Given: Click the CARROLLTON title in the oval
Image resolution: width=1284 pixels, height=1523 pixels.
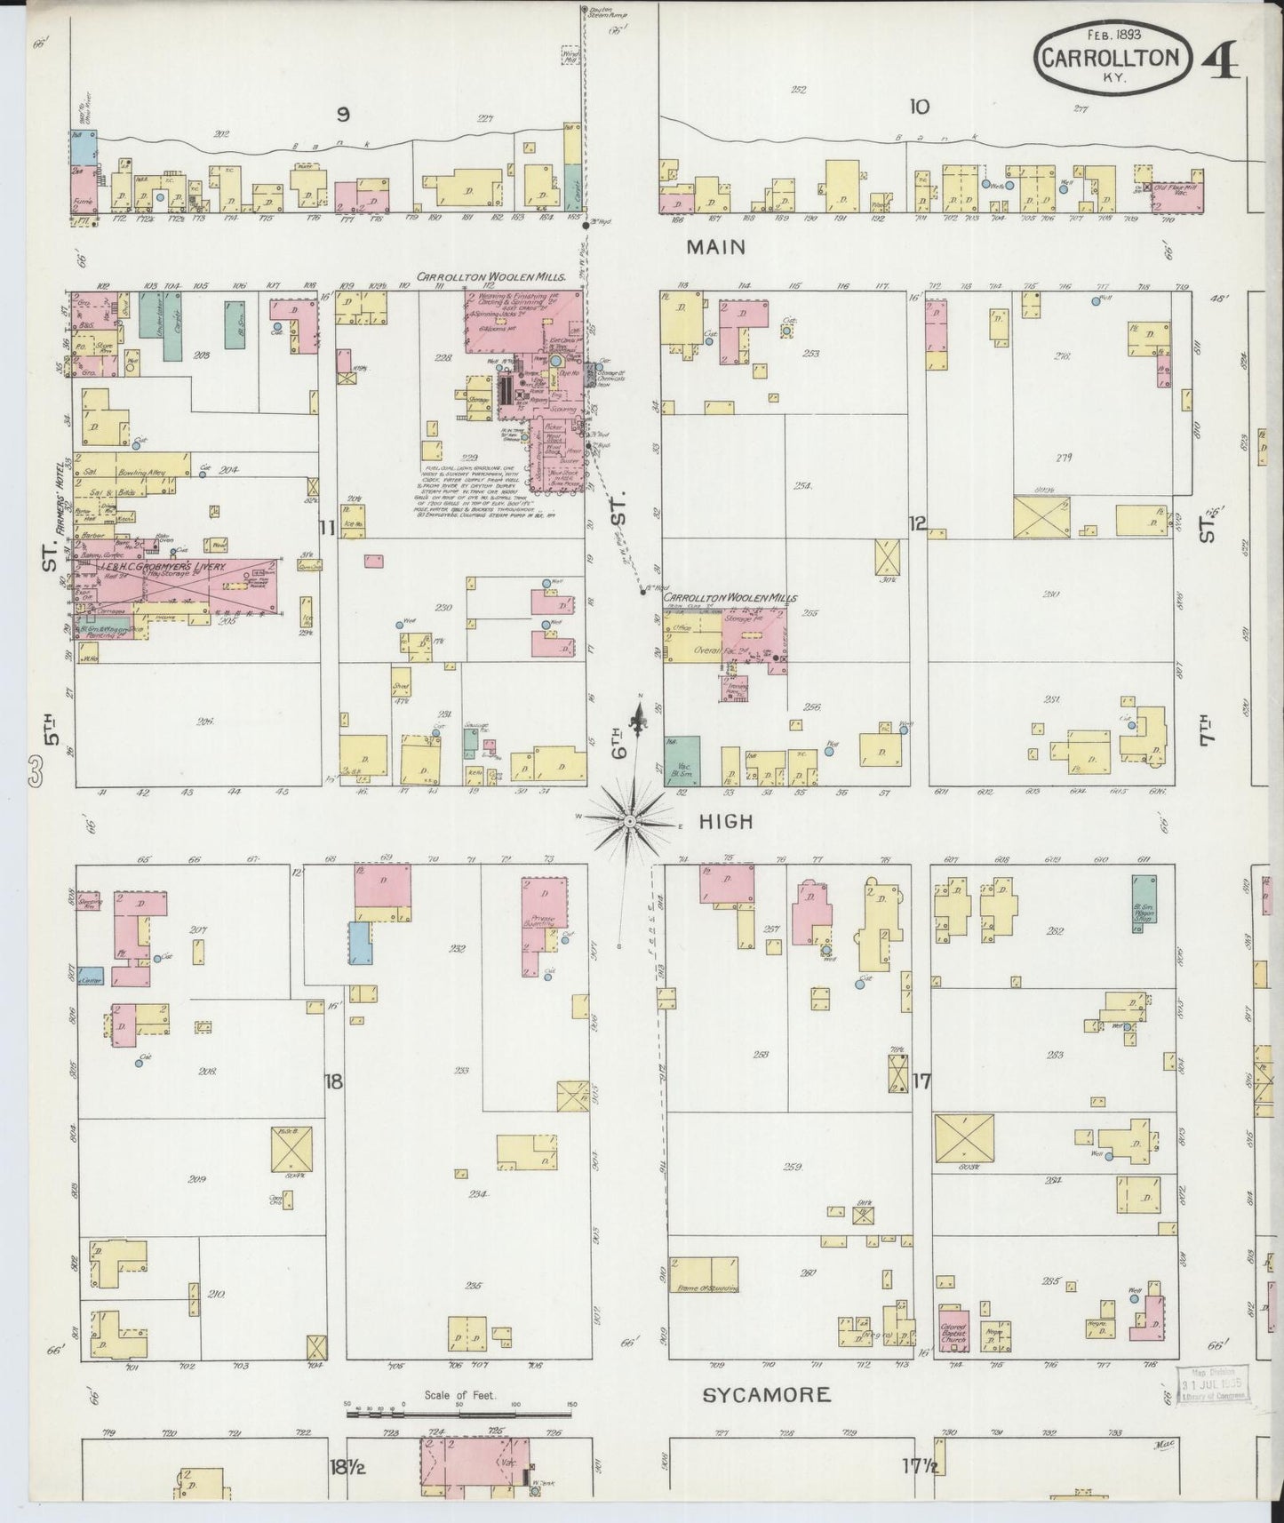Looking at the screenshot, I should click(x=1111, y=60).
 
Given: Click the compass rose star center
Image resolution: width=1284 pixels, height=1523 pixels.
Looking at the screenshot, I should click(x=630, y=821).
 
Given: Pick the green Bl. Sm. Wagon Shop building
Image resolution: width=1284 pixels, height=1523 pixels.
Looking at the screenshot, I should click(x=1138, y=903).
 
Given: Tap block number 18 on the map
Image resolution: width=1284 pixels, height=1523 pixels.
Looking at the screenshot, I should click(x=333, y=1082).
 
